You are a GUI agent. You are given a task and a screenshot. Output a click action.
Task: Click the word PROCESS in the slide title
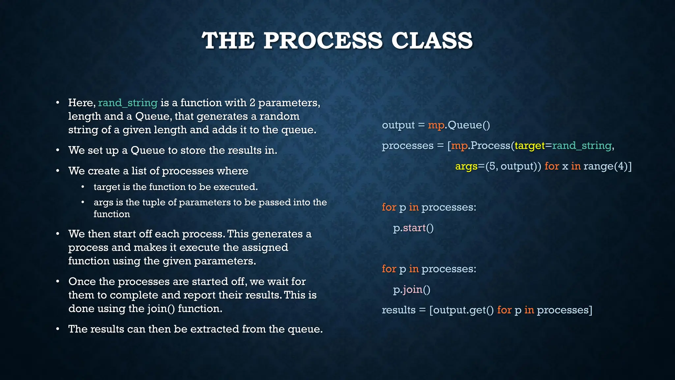point(323,41)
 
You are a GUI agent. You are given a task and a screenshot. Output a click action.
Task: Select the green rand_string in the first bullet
point(128,103)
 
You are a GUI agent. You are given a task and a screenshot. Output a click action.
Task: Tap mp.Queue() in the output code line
point(459,125)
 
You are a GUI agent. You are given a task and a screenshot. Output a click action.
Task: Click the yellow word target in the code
point(530,145)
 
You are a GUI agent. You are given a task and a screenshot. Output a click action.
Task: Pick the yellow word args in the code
point(466,166)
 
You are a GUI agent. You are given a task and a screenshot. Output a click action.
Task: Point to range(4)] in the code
point(607,166)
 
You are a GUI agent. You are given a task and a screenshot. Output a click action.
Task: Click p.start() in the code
point(413,228)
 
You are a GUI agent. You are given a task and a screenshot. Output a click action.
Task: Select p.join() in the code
point(412,290)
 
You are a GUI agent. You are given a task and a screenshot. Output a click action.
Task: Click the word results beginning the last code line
point(398,310)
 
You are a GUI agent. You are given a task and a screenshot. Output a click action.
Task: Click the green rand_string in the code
point(582,145)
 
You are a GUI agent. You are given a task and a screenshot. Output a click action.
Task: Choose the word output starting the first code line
point(398,125)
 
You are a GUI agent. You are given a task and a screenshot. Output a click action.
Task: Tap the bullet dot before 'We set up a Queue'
point(58,150)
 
